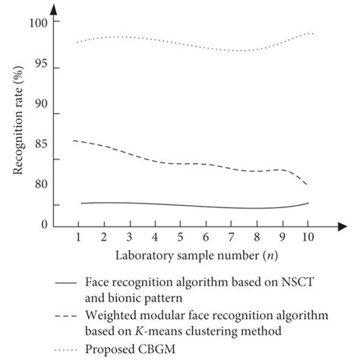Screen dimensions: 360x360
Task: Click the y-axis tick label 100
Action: (39, 23)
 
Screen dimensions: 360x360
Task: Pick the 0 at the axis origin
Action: (44, 225)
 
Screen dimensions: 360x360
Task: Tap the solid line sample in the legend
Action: (67, 282)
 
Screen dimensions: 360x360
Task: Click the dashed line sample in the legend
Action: (67, 314)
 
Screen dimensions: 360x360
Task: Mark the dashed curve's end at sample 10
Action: (308, 185)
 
